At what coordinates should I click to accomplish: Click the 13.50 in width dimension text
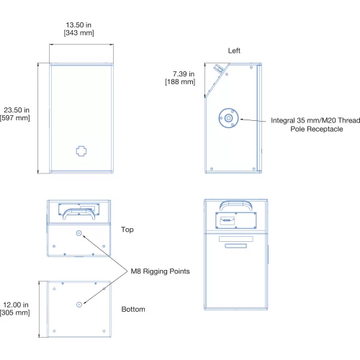pos(78,25)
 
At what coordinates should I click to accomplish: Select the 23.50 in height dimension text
pos(17,110)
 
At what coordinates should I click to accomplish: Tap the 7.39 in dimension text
pos(184,74)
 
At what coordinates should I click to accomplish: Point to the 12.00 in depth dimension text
pos(16,305)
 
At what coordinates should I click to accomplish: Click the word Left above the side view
pos(234,50)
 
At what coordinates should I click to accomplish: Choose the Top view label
pos(127,230)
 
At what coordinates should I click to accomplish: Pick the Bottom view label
pos(133,309)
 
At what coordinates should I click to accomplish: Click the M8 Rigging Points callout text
pos(160,271)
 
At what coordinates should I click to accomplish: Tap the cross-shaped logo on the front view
pos(81,151)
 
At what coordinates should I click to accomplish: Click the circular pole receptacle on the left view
pos(228,118)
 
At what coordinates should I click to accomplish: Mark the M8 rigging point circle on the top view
pos(79,233)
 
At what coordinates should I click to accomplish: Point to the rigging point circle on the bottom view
pos(79,305)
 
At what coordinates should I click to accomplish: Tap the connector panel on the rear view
pos(236,220)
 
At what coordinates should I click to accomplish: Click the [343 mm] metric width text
pos(78,33)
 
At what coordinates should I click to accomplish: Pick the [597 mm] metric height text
pos(15,118)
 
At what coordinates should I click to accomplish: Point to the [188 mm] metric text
pos(180,82)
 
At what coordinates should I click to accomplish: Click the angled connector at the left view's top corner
pos(219,68)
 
